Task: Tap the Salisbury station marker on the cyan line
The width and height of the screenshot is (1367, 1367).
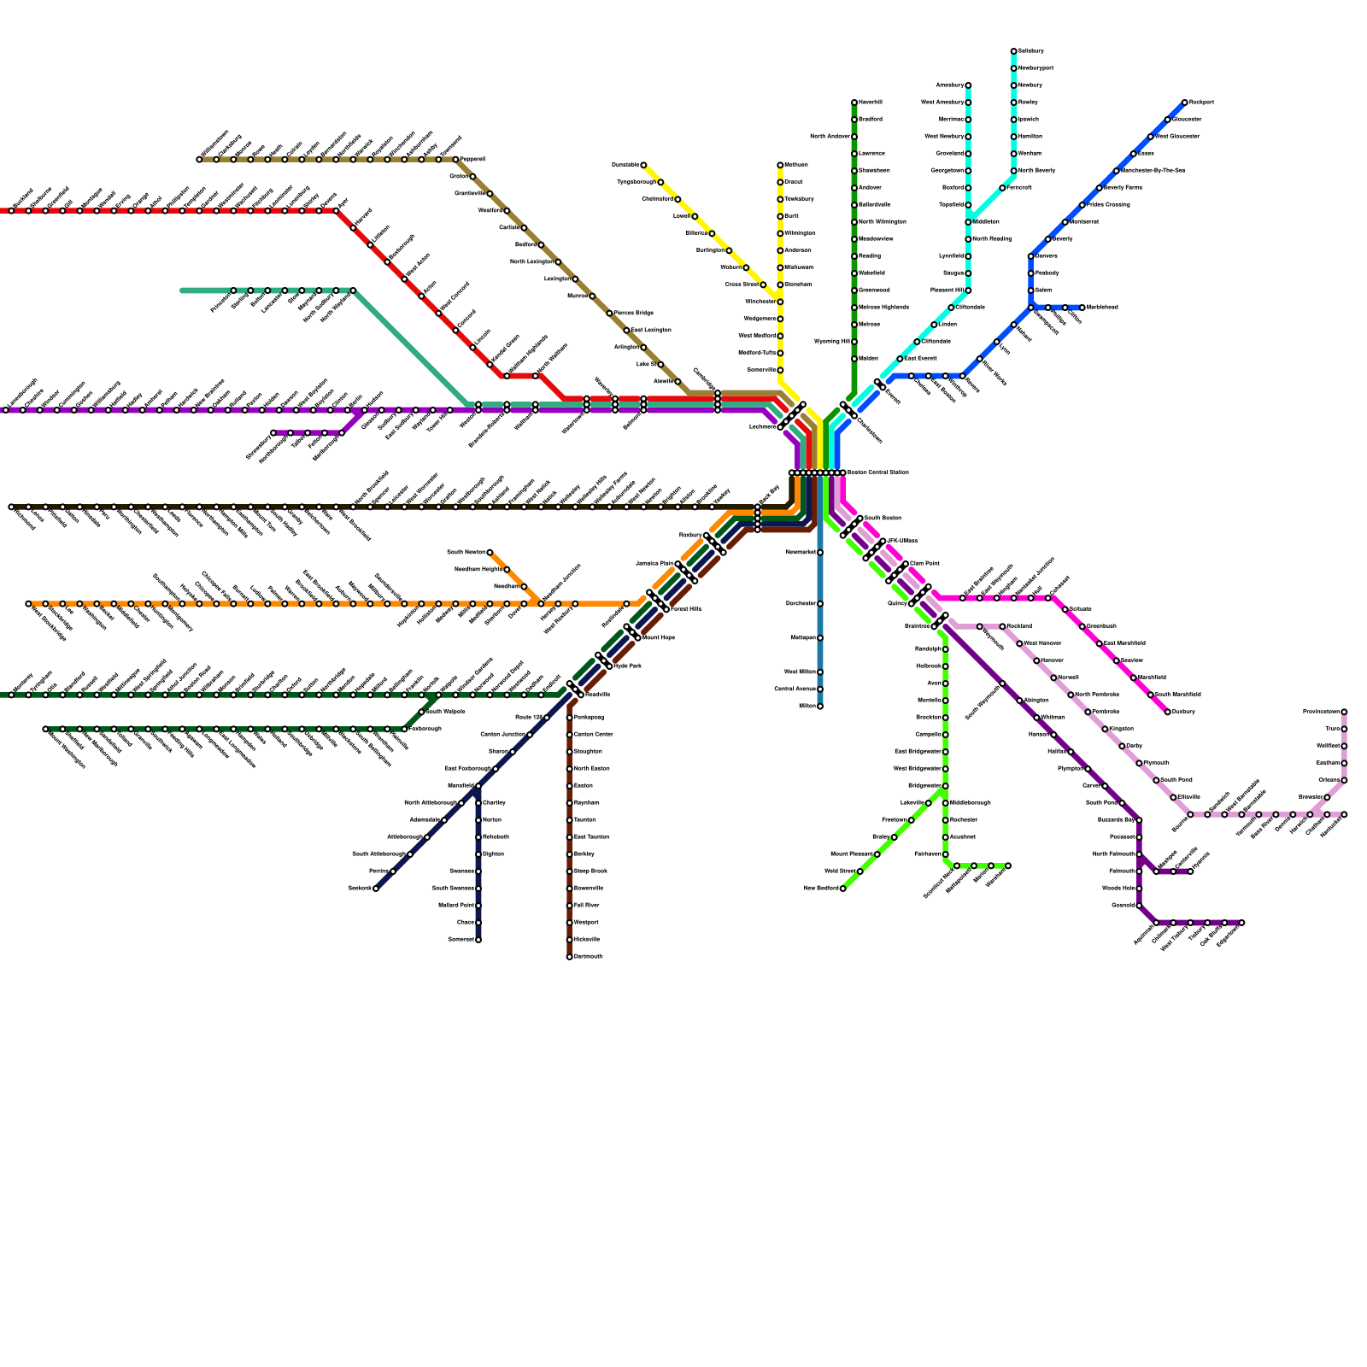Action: click(1014, 51)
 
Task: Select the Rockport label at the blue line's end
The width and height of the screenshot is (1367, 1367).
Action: click(1201, 103)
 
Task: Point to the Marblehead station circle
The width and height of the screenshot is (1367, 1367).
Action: click(1082, 308)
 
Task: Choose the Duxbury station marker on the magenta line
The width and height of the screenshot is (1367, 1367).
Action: click(1168, 712)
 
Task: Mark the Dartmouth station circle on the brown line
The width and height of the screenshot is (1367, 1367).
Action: click(570, 957)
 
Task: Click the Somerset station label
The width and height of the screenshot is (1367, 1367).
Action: click(461, 939)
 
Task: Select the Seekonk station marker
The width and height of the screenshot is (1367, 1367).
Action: click(376, 889)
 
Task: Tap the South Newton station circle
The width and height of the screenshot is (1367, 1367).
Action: click(490, 553)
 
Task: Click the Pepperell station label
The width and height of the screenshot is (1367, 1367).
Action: click(472, 160)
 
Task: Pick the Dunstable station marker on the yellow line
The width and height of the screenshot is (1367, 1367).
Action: click(643, 165)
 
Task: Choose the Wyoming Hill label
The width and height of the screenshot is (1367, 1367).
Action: click(832, 342)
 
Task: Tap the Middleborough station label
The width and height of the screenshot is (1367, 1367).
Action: click(971, 803)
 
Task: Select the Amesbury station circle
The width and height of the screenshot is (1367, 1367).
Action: click(968, 85)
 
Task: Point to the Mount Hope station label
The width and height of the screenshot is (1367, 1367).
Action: click(659, 637)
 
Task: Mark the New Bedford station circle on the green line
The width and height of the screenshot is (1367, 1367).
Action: click(842, 889)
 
